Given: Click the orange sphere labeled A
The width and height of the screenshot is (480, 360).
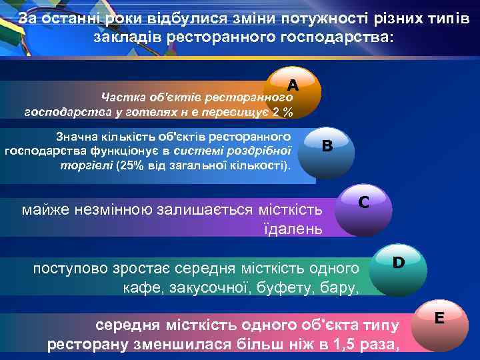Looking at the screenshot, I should pyautogui.click(x=293, y=87).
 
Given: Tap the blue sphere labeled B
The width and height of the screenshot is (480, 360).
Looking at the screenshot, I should pyautogui.click(x=327, y=147).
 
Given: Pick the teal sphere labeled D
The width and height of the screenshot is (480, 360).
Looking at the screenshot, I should pyautogui.click(x=398, y=263).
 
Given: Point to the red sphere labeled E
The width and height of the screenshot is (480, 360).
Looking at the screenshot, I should pyautogui.click(x=439, y=319).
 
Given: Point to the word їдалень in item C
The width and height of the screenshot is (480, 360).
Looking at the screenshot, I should pyautogui.click(x=293, y=230).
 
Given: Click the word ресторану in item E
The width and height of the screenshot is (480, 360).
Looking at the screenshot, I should pyautogui.click(x=85, y=345).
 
